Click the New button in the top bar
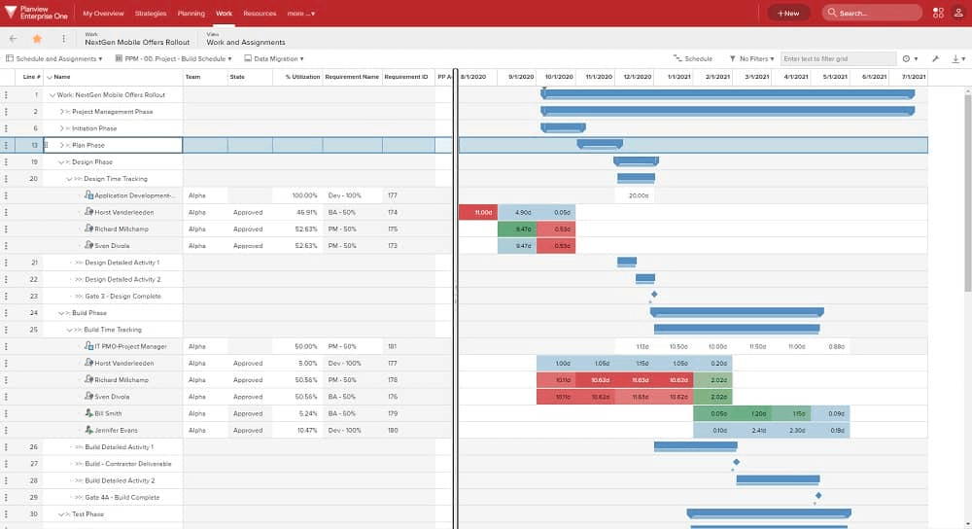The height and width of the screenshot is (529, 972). [x=788, y=13]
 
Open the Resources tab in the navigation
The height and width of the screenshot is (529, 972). [x=260, y=14]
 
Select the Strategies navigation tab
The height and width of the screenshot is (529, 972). [x=151, y=14]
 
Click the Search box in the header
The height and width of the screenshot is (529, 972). [x=872, y=13]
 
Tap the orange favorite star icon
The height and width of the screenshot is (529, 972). [x=37, y=39]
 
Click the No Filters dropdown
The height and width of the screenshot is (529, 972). [x=751, y=59]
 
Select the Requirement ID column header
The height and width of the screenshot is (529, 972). [x=405, y=76]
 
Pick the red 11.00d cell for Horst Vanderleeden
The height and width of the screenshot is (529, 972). [x=478, y=212]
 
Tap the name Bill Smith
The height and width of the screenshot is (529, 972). [x=108, y=413]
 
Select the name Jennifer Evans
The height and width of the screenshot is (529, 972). [x=116, y=430]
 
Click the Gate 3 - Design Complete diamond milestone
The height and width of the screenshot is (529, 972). [x=654, y=294]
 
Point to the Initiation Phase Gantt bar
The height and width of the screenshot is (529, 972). [x=563, y=126]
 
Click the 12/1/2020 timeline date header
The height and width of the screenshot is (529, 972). [x=638, y=76]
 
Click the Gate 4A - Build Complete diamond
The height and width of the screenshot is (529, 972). [x=818, y=495]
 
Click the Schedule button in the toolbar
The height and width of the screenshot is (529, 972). [x=693, y=59]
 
